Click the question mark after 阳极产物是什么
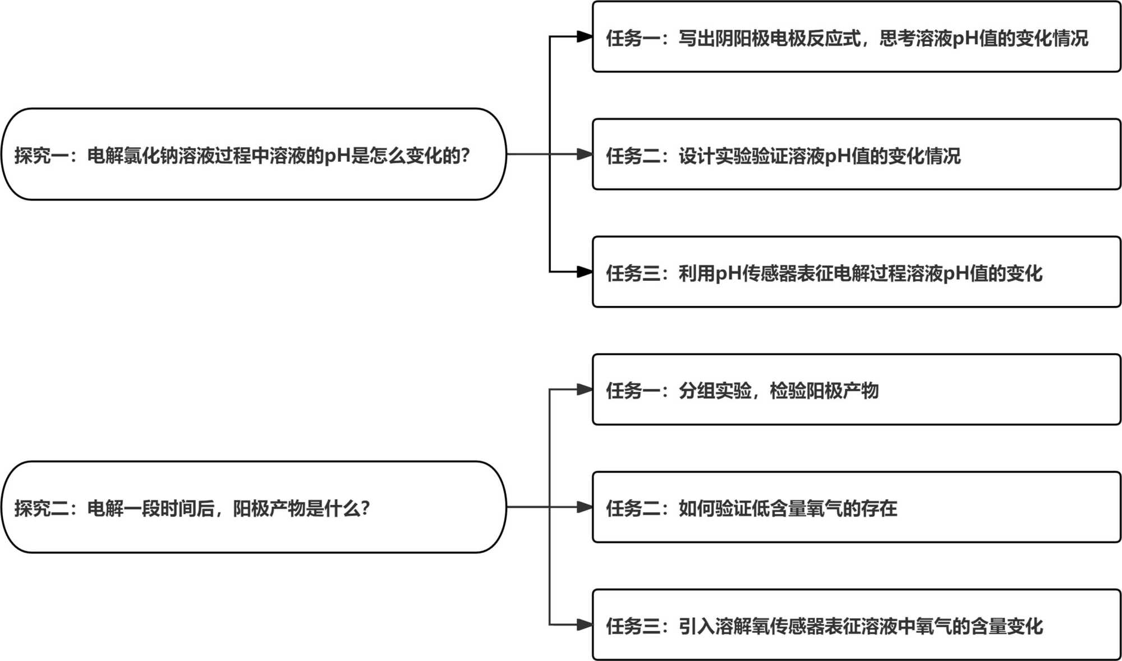click(365, 508)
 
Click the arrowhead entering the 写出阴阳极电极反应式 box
click(585, 37)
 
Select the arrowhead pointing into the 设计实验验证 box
click(585, 154)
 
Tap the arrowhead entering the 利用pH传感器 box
click(585, 272)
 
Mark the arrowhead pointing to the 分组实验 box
click(585, 389)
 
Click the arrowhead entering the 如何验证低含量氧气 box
click(585, 507)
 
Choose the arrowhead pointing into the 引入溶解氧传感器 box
click(585, 624)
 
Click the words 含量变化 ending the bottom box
click(1007, 626)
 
